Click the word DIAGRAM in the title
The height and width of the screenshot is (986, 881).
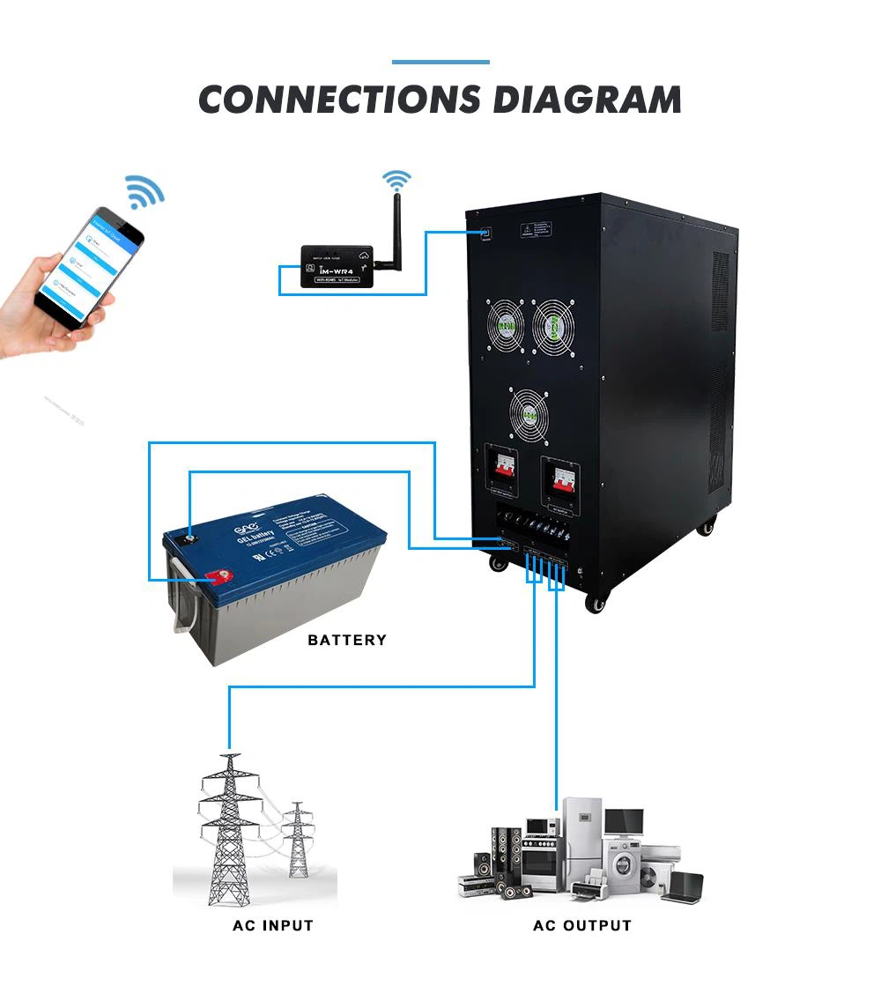(587, 100)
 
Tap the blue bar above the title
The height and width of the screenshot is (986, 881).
(440, 62)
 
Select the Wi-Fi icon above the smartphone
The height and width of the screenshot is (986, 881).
(144, 191)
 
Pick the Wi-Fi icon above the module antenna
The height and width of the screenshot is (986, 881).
(396, 181)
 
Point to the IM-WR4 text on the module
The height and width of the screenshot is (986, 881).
(345, 267)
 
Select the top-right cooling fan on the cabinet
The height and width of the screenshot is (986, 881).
(553, 325)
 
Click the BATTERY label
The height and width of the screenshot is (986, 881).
(347, 640)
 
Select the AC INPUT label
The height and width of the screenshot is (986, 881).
(273, 925)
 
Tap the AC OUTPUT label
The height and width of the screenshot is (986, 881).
(582, 925)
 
